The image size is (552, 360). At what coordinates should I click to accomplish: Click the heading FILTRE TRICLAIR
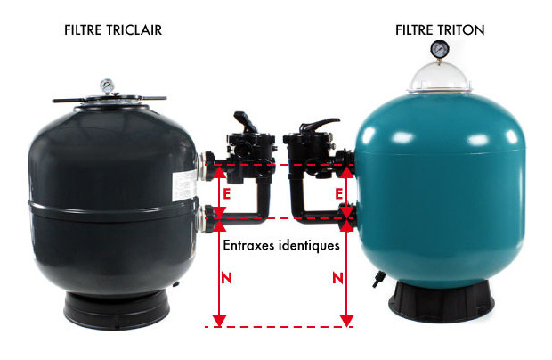click(x=113, y=30)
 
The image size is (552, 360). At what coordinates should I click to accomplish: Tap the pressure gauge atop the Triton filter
click(x=440, y=49)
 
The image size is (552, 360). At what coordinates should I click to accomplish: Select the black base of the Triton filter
click(x=439, y=307)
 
